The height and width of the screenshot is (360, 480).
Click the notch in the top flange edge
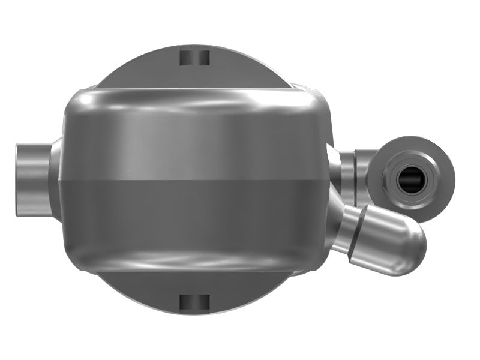tap(194, 58)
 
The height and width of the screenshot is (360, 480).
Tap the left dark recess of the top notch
tap(187, 58)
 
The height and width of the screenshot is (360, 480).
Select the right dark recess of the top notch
tap(203, 58)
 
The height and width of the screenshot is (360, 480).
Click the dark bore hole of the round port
tap(412, 179)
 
